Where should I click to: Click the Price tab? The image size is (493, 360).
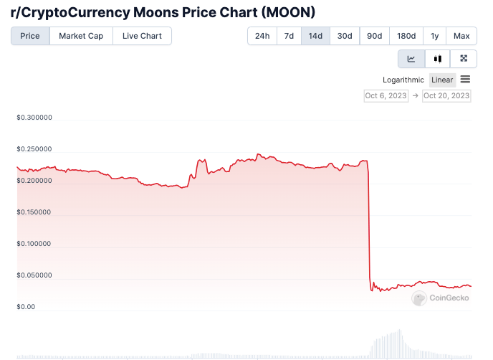[30, 36]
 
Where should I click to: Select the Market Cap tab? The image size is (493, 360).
[81, 36]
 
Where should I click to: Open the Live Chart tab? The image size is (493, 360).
[142, 36]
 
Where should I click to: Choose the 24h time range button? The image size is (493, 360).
[262, 36]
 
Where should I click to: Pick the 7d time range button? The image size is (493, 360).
[289, 36]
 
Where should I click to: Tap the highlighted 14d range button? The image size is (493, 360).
[315, 36]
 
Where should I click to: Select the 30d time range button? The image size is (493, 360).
[345, 36]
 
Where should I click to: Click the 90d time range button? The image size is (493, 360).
[374, 36]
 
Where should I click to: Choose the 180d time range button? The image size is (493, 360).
[406, 36]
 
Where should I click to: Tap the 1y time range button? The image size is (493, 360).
[435, 36]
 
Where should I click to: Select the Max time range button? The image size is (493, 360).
[461, 36]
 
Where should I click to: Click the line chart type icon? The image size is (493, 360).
[411, 59]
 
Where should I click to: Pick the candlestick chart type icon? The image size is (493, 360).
[437, 59]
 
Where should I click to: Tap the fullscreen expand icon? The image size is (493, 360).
[464, 59]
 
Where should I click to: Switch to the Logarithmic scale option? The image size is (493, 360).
[403, 80]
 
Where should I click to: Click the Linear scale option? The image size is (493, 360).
[442, 80]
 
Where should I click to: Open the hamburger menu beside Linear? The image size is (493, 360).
[465, 79]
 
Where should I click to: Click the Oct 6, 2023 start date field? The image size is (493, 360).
[387, 95]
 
